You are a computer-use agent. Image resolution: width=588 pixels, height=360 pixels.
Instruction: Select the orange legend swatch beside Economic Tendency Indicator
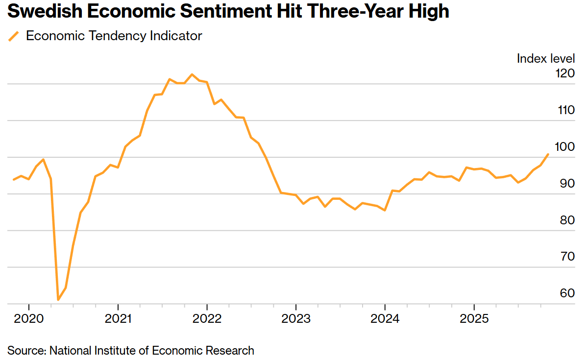pyautogui.click(x=14, y=36)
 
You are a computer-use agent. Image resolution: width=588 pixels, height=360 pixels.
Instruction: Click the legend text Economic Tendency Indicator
pyautogui.click(x=114, y=36)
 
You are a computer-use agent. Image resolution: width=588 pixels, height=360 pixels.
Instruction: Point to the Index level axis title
pyautogui.click(x=545, y=59)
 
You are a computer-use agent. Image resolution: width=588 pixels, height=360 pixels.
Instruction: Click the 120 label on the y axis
pyautogui.click(x=565, y=73)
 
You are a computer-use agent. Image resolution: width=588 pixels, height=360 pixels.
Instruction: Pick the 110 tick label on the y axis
pyautogui.click(x=565, y=110)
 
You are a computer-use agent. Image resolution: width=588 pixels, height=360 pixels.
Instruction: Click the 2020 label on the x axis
pyautogui.click(x=29, y=318)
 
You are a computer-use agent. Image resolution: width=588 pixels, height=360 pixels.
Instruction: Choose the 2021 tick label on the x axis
pyautogui.click(x=118, y=318)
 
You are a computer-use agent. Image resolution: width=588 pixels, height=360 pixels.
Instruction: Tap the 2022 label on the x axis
pyautogui.click(x=207, y=318)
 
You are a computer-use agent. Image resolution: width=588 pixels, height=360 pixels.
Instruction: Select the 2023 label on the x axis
pyautogui.click(x=296, y=318)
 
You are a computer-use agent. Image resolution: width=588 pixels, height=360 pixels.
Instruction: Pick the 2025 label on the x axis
pyautogui.click(x=474, y=318)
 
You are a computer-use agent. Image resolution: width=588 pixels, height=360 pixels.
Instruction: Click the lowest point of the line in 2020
pyautogui.click(x=58, y=299)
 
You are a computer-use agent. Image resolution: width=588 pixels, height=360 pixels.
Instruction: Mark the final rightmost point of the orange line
pyautogui.click(x=548, y=154)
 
